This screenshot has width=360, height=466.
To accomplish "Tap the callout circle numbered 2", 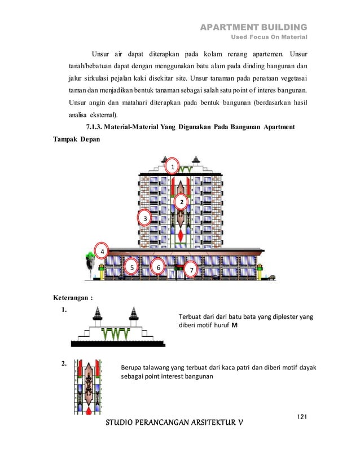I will pos(182,201).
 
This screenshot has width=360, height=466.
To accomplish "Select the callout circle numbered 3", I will pos(145,218).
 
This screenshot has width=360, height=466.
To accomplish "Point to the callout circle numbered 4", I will pos(102,251).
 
